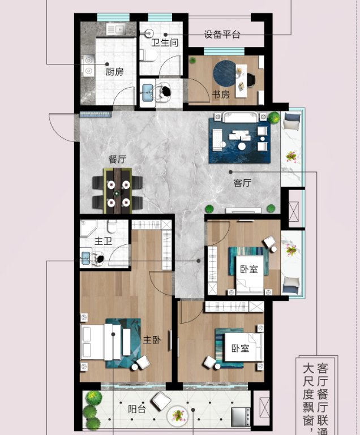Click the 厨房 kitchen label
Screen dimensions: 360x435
114,72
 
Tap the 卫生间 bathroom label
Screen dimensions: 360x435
165,42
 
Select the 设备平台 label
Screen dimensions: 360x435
222,35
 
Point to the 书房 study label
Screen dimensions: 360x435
221,94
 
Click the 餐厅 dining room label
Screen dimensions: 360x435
117,160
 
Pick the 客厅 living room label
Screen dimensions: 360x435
242,183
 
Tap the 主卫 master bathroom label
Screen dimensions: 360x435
103,241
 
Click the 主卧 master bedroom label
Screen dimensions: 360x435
152,339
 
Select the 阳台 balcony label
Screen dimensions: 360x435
137,409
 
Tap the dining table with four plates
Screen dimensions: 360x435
118,191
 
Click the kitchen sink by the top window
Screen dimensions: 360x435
116,29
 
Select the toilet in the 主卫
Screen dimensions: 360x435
112,226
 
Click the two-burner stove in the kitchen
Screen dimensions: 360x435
88,66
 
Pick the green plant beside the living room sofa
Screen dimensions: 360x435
274,118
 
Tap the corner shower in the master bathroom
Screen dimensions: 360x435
87,228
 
